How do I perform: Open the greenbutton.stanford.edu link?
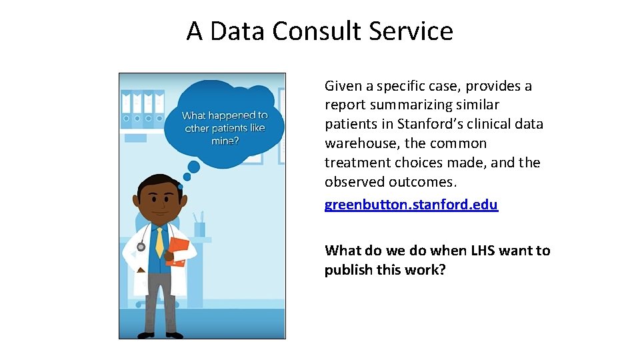pyautogui.click(x=411, y=204)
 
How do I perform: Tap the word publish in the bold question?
pyautogui.click(x=348, y=269)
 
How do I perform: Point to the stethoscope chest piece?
pyautogui.click(x=141, y=247)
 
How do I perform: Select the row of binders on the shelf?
pyautogui.click(x=143, y=108)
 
